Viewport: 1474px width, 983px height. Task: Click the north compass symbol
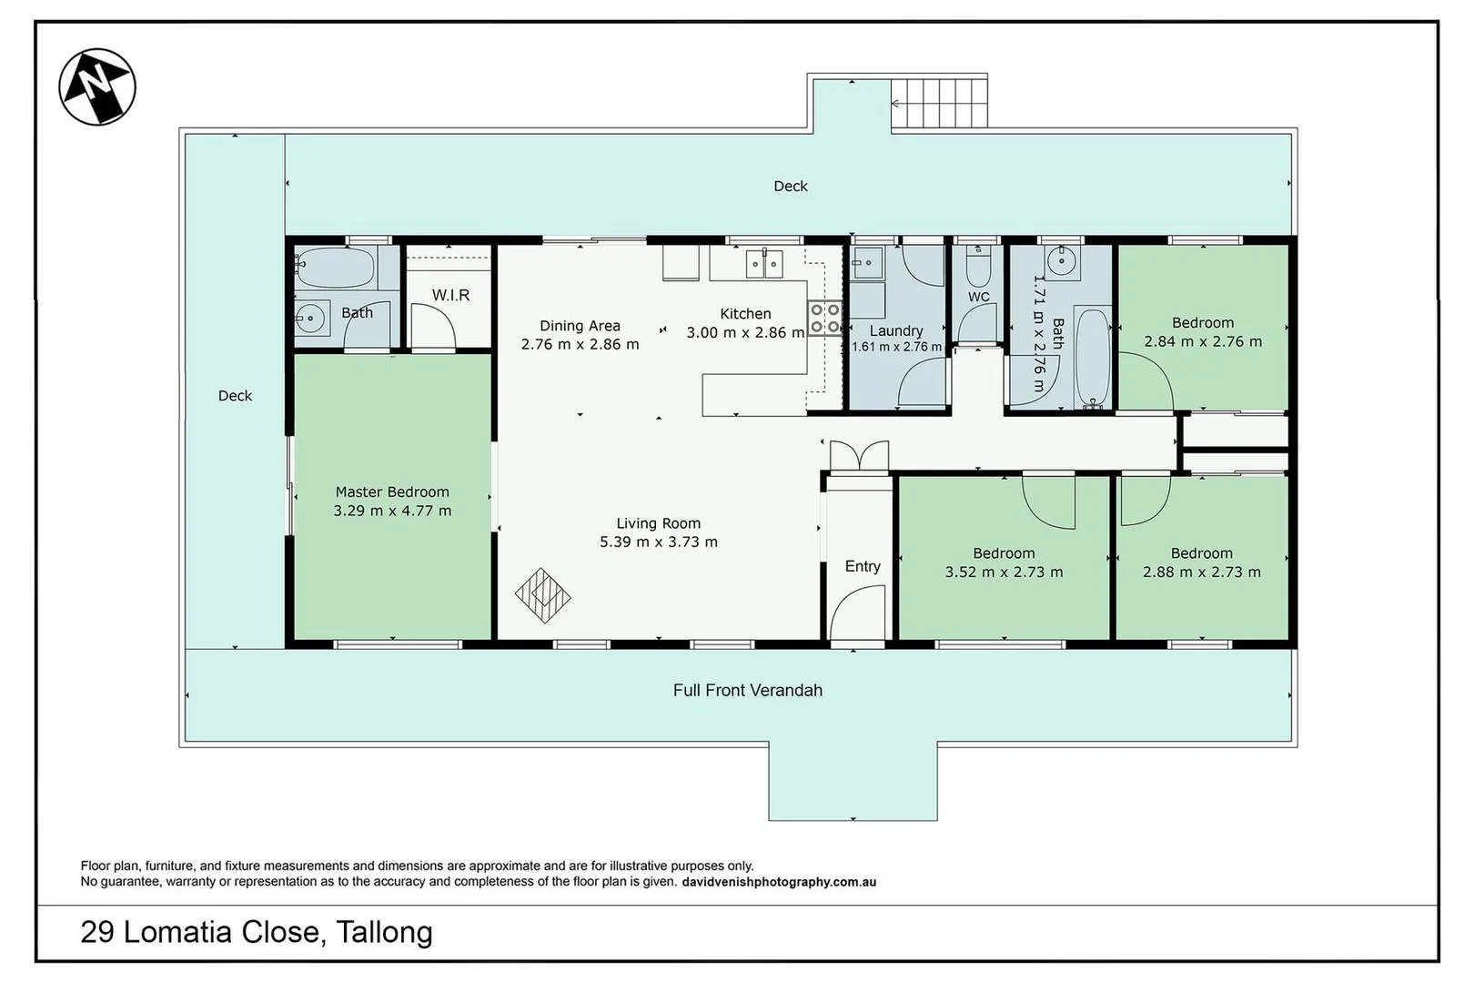click(97, 86)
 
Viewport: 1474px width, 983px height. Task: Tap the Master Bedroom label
click(392, 491)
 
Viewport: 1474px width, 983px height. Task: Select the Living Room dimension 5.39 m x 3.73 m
click(658, 542)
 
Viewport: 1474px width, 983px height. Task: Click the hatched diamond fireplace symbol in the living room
click(543, 595)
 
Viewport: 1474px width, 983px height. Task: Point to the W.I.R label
click(450, 295)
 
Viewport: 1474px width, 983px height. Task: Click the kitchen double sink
click(764, 264)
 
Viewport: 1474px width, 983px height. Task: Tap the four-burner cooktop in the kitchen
click(824, 318)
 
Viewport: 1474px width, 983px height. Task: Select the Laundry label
click(896, 331)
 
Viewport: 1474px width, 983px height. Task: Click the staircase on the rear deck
click(940, 104)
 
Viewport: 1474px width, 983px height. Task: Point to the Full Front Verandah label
click(748, 690)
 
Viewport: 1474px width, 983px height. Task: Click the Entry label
click(863, 566)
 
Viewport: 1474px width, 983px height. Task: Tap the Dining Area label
click(580, 325)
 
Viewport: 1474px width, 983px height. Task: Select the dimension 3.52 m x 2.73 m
click(1005, 573)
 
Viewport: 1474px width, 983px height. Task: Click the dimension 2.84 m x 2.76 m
click(1203, 341)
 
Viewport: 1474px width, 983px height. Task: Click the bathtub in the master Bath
click(335, 268)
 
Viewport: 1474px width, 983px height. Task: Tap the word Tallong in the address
click(384, 932)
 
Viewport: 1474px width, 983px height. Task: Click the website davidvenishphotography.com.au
click(779, 882)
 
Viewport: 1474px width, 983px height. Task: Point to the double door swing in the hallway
click(860, 455)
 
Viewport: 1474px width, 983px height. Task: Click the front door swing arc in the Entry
click(857, 609)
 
